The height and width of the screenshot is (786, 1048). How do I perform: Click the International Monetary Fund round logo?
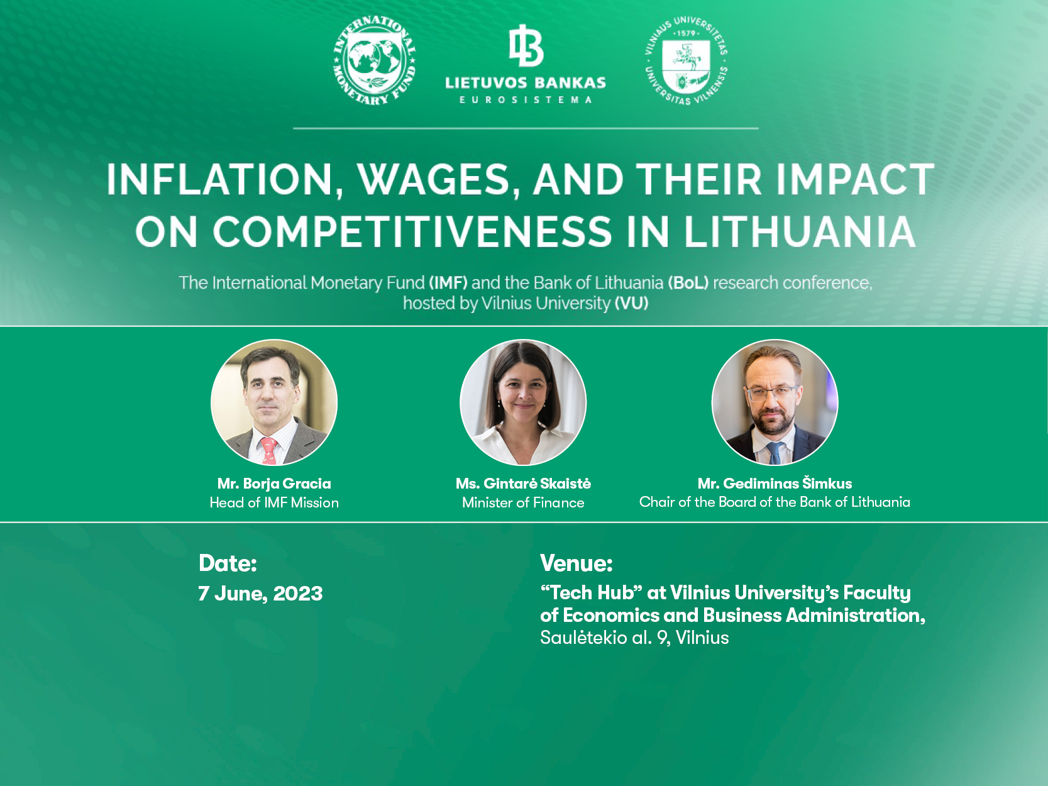pyautogui.click(x=374, y=60)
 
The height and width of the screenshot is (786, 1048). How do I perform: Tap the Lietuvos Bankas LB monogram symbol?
pyautogui.click(x=526, y=46)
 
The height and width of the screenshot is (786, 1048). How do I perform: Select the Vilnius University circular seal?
pyautogui.click(x=686, y=60)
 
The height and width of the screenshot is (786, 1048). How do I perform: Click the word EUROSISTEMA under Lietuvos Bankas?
pyautogui.click(x=526, y=100)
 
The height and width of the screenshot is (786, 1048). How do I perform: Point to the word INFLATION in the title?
pyautogui.click(x=219, y=180)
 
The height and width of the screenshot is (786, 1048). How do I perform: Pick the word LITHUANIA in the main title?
pyautogui.click(x=800, y=231)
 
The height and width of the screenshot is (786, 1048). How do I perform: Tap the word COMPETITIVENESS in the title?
pyautogui.click(x=412, y=231)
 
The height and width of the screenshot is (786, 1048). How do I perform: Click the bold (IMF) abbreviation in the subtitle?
pyautogui.click(x=448, y=283)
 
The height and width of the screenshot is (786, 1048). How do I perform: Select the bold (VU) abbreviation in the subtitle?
pyautogui.click(x=631, y=303)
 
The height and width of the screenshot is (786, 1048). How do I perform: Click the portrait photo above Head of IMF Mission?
pyautogui.click(x=274, y=402)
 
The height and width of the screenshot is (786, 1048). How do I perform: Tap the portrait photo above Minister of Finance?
pyautogui.click(x=523, y=402)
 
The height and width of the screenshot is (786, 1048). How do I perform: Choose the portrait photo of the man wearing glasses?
pyautogui.click(x=775, y=402)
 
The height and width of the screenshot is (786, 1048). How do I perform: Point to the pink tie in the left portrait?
pyautogui.click(x=269, y=451)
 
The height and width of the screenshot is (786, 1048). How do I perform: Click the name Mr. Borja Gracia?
pyautogui.click(x=274, y=484)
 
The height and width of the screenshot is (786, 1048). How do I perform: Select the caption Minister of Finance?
pyautogui.click(x=523, y=502)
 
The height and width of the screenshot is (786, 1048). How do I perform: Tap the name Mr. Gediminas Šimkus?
pyautogui.click(x=775, y=484)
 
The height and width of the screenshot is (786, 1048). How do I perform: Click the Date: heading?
pyautogui.click(x=228, y=563)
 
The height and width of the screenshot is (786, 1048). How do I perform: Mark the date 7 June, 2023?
pyautogui.click(x=260, y=594)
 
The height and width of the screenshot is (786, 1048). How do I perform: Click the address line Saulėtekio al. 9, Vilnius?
pyautogui.click(x=634, y=638)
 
